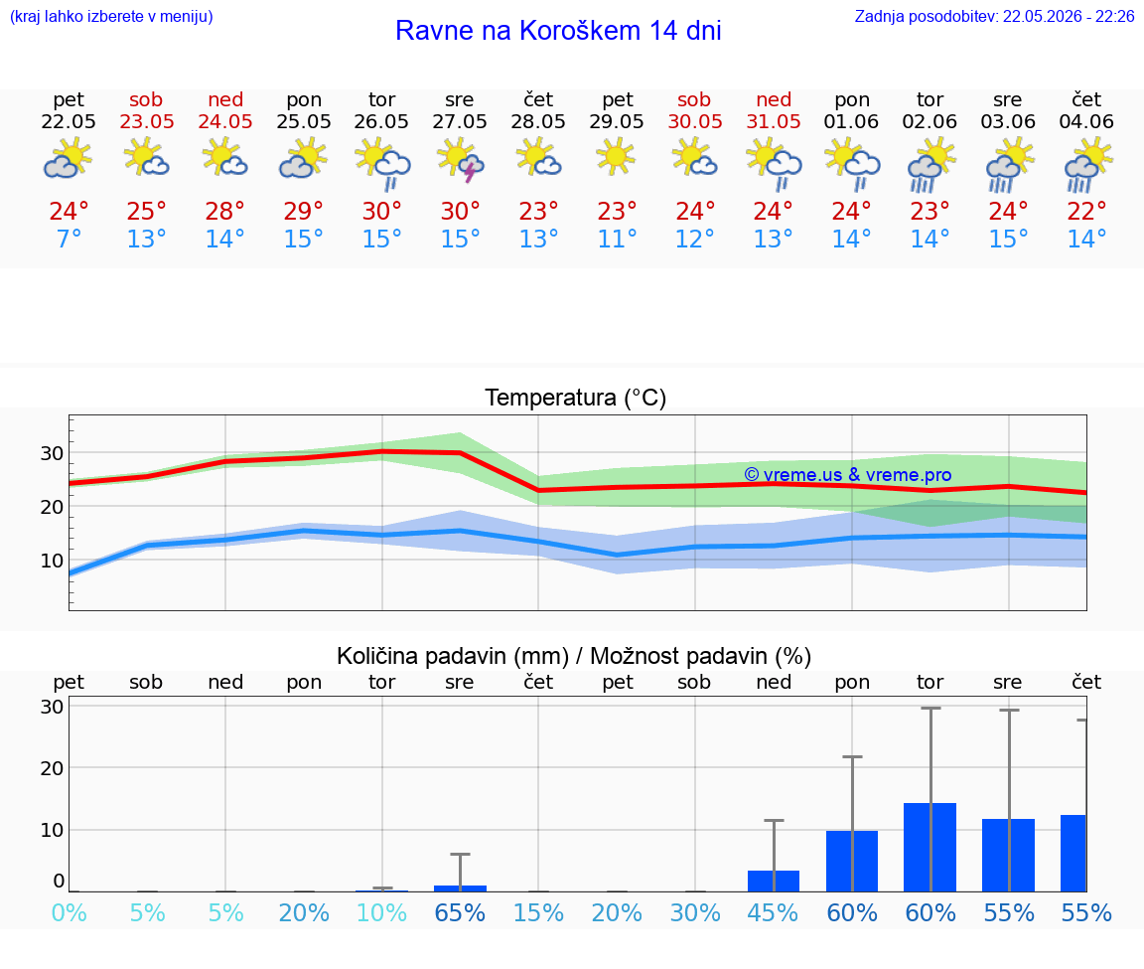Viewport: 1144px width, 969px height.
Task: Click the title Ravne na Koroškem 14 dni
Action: (x=558, y=31)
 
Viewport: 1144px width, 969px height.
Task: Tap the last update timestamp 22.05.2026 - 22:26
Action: (x=1069, y=16)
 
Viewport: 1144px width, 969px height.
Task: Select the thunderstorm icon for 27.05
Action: (x=460, y=161)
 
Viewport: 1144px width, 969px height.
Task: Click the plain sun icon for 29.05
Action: (x=617, y=158)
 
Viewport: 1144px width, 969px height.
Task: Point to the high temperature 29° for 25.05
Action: (x=304, y=211)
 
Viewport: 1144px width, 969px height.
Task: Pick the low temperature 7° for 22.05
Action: (x=69, y=239)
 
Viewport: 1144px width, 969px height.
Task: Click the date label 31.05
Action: (x=774, y=121)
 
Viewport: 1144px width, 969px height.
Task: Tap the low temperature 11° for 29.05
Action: (x=618, y=239)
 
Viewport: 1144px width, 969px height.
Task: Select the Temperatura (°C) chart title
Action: (x=576, y=398)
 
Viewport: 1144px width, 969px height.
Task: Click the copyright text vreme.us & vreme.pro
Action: (x=848, y=475)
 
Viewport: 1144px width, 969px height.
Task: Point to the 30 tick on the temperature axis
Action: (x=52, y=453)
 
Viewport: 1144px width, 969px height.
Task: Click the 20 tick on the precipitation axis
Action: (x=52, y=767)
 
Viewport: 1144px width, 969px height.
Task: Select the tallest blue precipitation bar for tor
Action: (x=930, y=847)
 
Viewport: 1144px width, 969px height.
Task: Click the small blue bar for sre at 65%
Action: (x=461, y=888)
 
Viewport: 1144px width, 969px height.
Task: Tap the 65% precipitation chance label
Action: (x=460, y=912)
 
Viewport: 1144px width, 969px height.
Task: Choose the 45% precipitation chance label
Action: (x=773, y=912)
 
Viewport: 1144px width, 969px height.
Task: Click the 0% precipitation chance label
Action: (x=69, y=912)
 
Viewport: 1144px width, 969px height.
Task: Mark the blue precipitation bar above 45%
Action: (x=774, y=881)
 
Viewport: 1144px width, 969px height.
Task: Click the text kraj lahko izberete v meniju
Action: (x=111, y=16)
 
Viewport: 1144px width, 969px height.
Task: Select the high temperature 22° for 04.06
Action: (x=1086, y=211)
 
